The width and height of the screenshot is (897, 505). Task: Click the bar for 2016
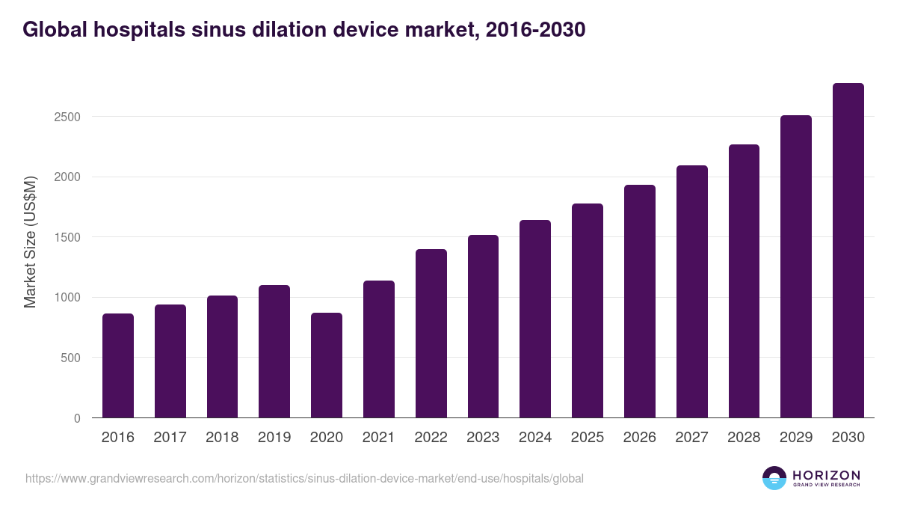[x=118, y=366]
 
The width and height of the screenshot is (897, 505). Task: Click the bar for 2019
[x=274, y=352]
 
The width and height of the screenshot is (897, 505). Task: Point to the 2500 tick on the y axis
[x=68, y=117]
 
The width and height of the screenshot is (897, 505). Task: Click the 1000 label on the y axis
[x=68, y=298]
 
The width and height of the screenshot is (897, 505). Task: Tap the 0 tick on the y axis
[x=78, y=418]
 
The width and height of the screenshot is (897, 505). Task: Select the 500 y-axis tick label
[x=71, y=358]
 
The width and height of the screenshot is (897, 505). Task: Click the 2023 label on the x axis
[x=483, y=438]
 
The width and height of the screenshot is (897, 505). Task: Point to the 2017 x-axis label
[x=170, y=438]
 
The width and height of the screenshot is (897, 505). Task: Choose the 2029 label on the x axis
[x=795, y=438]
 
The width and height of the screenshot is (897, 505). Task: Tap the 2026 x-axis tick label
[x=639, y=438]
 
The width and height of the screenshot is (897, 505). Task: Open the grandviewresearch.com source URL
[x=304, y=478]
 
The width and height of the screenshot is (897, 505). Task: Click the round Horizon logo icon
[x=774, y=478]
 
